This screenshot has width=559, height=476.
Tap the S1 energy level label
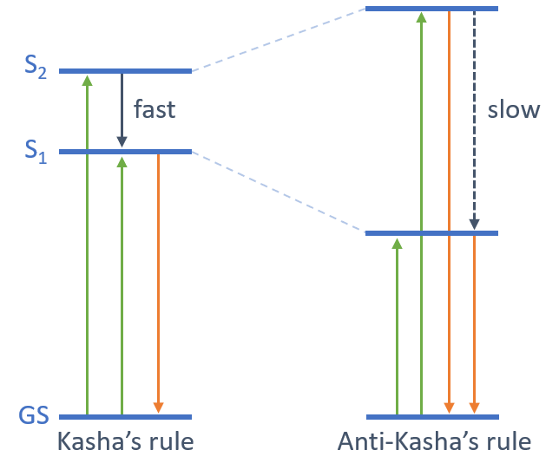pyautogui.click(x=36, y=152)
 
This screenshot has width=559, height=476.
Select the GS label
pyautogui.click(x=35, y=416)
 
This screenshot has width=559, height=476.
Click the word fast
pyautogui.click(x=154, y=109)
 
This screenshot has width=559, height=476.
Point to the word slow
pyautogui.click(x=513, y=110)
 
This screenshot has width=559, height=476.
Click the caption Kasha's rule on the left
pyautogui.click(x=125, y=442)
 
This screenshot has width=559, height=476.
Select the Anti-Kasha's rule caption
pyautogui.click(x=434, y=442)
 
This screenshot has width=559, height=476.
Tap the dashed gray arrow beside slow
pyautogui.click(x=474, y=121)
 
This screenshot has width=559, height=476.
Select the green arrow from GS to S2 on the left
pyautogui.click(x=86, y=243)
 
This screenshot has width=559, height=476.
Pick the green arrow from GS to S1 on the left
pyautogui.click(x=122, y=286)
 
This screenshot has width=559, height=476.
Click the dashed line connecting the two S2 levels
pyautogui.click(x=278, y=40)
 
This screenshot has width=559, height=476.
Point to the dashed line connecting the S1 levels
pyautogui.click(x=278, y=192)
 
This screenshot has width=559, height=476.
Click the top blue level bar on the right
pyautogui.click(x=432, y=9)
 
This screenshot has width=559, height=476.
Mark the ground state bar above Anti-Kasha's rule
pyautogui.click(x=432, y=416)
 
